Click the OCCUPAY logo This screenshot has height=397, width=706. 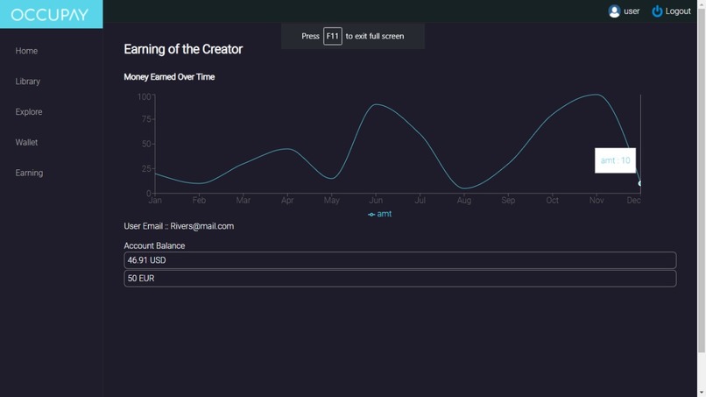pyautogui.click(x=51, y=14)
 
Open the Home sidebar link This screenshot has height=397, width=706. pyautogui.click(x=26, y=51)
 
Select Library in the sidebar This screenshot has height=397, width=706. pyautogui.click(x=28, y=82)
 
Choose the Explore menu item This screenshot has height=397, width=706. pyautogui.click(x=29, y=112)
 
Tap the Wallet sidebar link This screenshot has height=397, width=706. pyautogui.click(x=26, y=142)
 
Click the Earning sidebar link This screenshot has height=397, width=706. pyautogui.click(x=29, y=173)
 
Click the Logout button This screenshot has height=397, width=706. pyautogui.click(x=672, y=11)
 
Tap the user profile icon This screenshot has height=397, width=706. pyautogui.click(x=614, y=11)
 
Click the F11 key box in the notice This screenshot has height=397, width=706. pyautogui.click(x=332, y=36)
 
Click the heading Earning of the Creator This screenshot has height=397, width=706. pyautogui.click(x=183, y=49)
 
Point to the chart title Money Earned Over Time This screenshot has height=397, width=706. pyautogui.click(x=169, y=77)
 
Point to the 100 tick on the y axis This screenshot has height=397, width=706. pyautogui.click(x=144, y=96)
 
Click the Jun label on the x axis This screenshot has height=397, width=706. pyautogui.click(x=376, y=201)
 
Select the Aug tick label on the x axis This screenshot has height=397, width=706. pyautogui.click(x=463, y=201)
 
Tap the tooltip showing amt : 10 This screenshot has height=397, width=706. pyautogui.click(x=615, y=160)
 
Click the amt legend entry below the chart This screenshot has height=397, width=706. pyautogui.click(x=379, y=214)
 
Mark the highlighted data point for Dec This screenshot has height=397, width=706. pyautogui.click(x=640, y=183)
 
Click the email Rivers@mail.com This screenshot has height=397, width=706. pyautogui.click(x=202, y=226)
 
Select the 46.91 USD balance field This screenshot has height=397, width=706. pyautogui.click(x=399, y=260)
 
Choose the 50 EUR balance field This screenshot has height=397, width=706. pyautogui.click(x=399, y=279)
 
